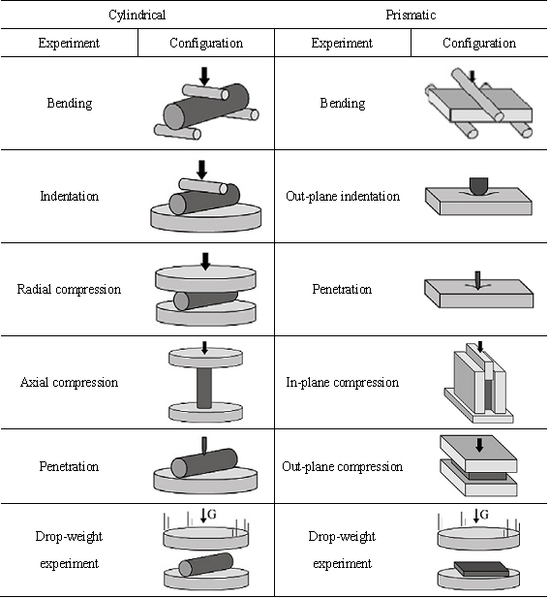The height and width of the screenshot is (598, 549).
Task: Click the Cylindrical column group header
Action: click(x=137, y=15)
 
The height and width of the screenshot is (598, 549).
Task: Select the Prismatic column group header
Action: click(x=411, y=15)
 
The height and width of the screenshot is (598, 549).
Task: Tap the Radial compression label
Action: click(x=69, y=289)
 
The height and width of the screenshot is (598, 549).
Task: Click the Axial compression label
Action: click(x=69, y=382)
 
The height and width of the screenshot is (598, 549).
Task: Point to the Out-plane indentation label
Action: click(x=343, y=196)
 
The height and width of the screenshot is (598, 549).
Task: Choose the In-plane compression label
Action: click(x=343, y=382)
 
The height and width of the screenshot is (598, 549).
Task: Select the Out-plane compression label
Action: click(x=343, y=466)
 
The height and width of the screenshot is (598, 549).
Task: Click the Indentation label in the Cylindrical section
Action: click(x=70, y=196)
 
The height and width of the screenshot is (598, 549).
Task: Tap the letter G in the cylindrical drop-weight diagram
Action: click(x=212, y=515)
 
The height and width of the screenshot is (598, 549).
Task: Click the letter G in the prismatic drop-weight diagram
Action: click(x=484, y=515)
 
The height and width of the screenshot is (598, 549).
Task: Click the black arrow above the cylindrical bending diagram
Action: click(x=204, y=77)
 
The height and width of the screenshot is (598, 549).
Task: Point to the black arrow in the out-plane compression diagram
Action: click(x=479, y=445)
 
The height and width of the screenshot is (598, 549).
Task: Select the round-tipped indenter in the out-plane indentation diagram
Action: click(x=479, y=186)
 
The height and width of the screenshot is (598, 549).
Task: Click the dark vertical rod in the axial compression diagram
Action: click(x=204, y=388)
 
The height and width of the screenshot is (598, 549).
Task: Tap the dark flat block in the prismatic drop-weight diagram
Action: click(x=481, y=569)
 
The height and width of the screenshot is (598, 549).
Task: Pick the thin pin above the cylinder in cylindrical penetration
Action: click(x=204, y=446)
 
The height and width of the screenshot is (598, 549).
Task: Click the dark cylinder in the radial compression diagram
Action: click(x=205, y=300)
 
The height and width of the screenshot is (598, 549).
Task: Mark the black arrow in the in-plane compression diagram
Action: click(x=480, y=346)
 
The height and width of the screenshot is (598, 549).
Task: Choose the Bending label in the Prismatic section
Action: click(x=343, y=103)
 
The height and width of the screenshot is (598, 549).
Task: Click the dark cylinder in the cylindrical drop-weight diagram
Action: click(x=205, y=564)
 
